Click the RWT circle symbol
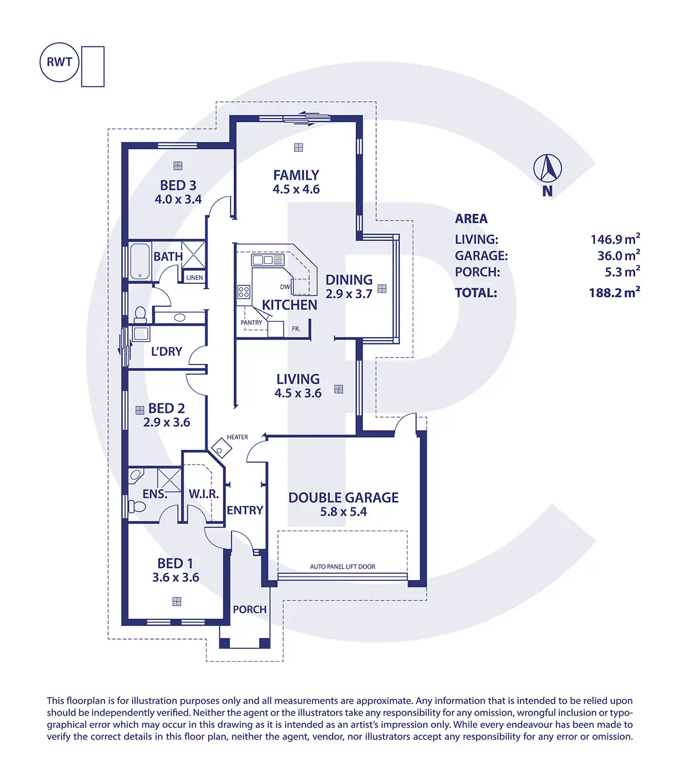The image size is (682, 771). click(59, 62)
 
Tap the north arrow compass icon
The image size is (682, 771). click(547, 168)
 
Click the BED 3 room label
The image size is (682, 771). click(178, 185)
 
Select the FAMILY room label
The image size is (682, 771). click(296, 175)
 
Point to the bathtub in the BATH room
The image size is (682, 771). click(140, 262)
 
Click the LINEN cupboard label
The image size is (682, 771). click(194, 277)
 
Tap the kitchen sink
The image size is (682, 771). click(267, 260)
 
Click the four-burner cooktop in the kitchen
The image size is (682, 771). click(244, 292)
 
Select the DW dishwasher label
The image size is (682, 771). click(285, 287)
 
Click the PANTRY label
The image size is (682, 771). click(251, 322)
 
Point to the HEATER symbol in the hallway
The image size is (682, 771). click(222, 448)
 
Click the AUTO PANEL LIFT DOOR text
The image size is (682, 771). click(342, 566)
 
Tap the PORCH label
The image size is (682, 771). click(249, 610)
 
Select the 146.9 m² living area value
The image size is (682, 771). click(615, 239)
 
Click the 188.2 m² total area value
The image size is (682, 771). click(614, 292)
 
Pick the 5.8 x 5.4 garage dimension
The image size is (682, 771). click(343, 512)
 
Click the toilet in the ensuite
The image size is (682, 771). click(137, 506)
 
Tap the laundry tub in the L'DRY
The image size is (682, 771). click(141, 334)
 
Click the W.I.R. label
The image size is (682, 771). click(204, 494)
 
